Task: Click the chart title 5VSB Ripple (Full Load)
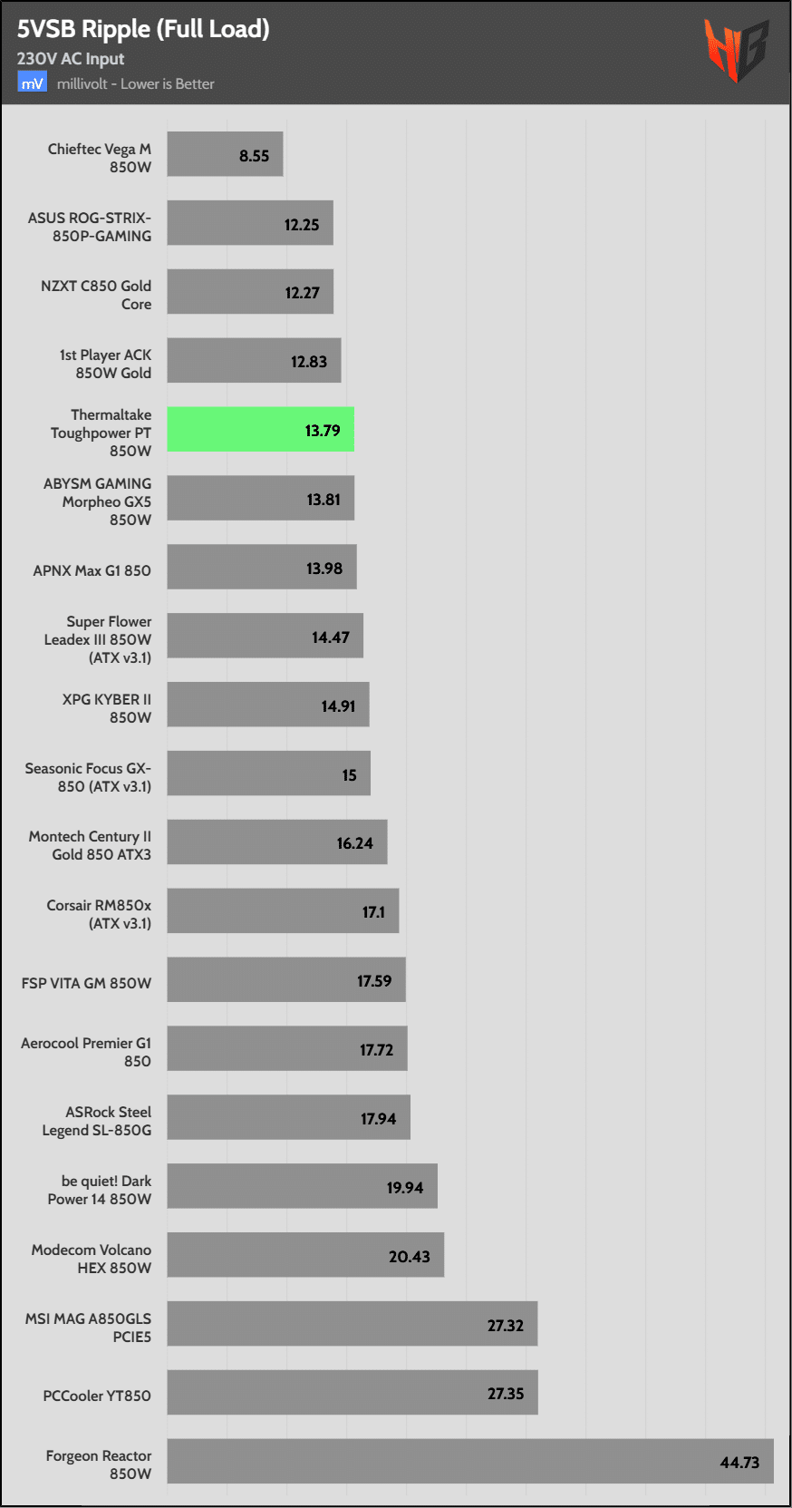143,29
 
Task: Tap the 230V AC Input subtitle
71,59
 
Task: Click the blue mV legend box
32,83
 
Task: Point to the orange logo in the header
736,50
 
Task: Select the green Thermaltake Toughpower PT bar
260,430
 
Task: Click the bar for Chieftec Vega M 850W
225,154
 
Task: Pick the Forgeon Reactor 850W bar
469,1461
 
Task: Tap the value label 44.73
739,1462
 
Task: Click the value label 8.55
254,156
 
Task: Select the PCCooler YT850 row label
97,1396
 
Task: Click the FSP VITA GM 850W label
86,983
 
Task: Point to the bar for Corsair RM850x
283,910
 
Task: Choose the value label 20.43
409,1256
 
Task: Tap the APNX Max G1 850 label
92,570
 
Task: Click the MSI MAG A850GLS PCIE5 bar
352,1323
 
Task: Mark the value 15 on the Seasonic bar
349,775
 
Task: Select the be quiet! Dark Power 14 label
99,1190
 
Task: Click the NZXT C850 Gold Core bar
250,292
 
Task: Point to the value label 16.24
354,843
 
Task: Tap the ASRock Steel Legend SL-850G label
97,1121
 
